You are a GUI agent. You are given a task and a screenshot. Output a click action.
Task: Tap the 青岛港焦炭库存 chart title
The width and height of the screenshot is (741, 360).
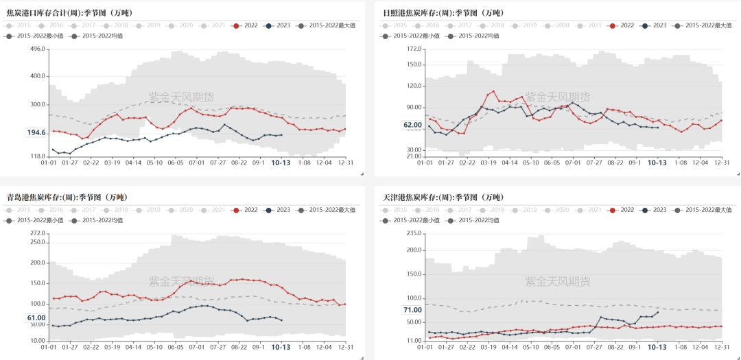[x=67, y=197]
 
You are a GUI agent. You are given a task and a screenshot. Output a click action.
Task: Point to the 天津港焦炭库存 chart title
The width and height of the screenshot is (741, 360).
[x=443, y=197]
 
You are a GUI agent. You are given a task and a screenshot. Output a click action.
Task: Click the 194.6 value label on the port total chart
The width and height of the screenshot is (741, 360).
[x=36, y=132]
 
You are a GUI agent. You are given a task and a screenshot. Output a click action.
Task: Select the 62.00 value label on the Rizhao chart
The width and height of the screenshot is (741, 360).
[x=412, y=125]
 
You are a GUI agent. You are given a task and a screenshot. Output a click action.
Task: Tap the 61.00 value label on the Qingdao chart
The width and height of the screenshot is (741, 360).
[x=36, y=317]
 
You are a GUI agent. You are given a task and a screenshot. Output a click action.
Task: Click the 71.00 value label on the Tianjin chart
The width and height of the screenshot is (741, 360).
[x=412, y=310]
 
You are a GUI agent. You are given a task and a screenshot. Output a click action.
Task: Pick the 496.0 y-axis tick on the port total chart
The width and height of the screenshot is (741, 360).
[x=37, y=49]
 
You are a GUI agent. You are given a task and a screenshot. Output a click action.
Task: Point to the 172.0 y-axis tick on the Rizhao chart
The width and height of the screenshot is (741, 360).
[x=413, y=49]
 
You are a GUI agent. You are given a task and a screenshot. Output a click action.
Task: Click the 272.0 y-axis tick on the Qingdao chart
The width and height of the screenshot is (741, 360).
[x=37, y=234]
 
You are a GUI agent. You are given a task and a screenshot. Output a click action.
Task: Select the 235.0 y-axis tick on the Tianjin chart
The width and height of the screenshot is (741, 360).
[x=413, y=234]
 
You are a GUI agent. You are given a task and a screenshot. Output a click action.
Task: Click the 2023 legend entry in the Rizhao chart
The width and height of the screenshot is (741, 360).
[x=652, y=25]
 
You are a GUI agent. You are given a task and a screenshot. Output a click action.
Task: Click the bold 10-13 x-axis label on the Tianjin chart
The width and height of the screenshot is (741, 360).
[x=657, y=347]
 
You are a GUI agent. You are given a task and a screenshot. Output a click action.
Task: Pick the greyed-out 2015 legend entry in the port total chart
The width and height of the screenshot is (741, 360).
[x=18, y=25]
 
